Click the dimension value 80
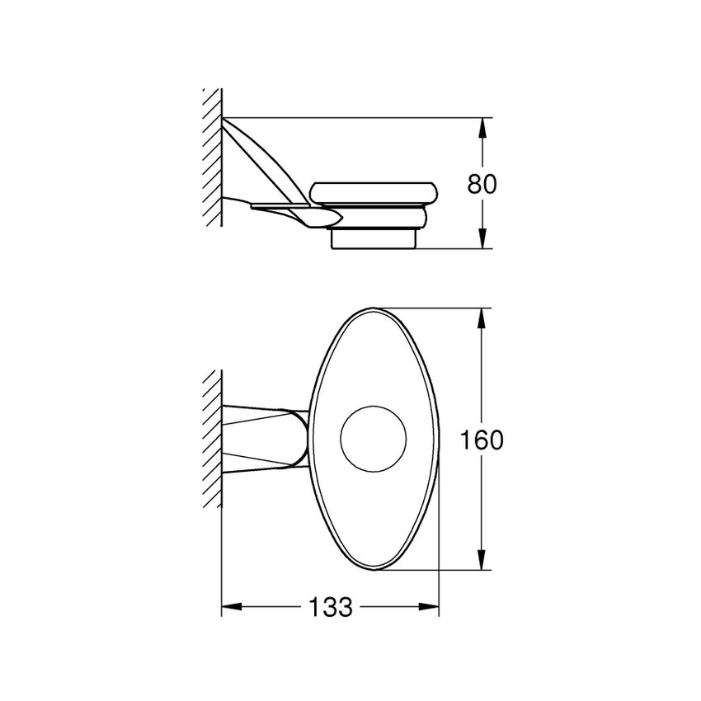482,183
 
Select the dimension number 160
482,440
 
